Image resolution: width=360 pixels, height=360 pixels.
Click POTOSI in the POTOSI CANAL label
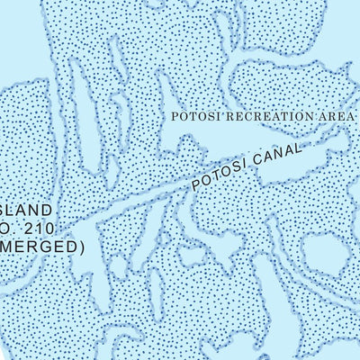click(213, 176)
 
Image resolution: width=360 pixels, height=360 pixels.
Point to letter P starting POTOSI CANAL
click(192, 184)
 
